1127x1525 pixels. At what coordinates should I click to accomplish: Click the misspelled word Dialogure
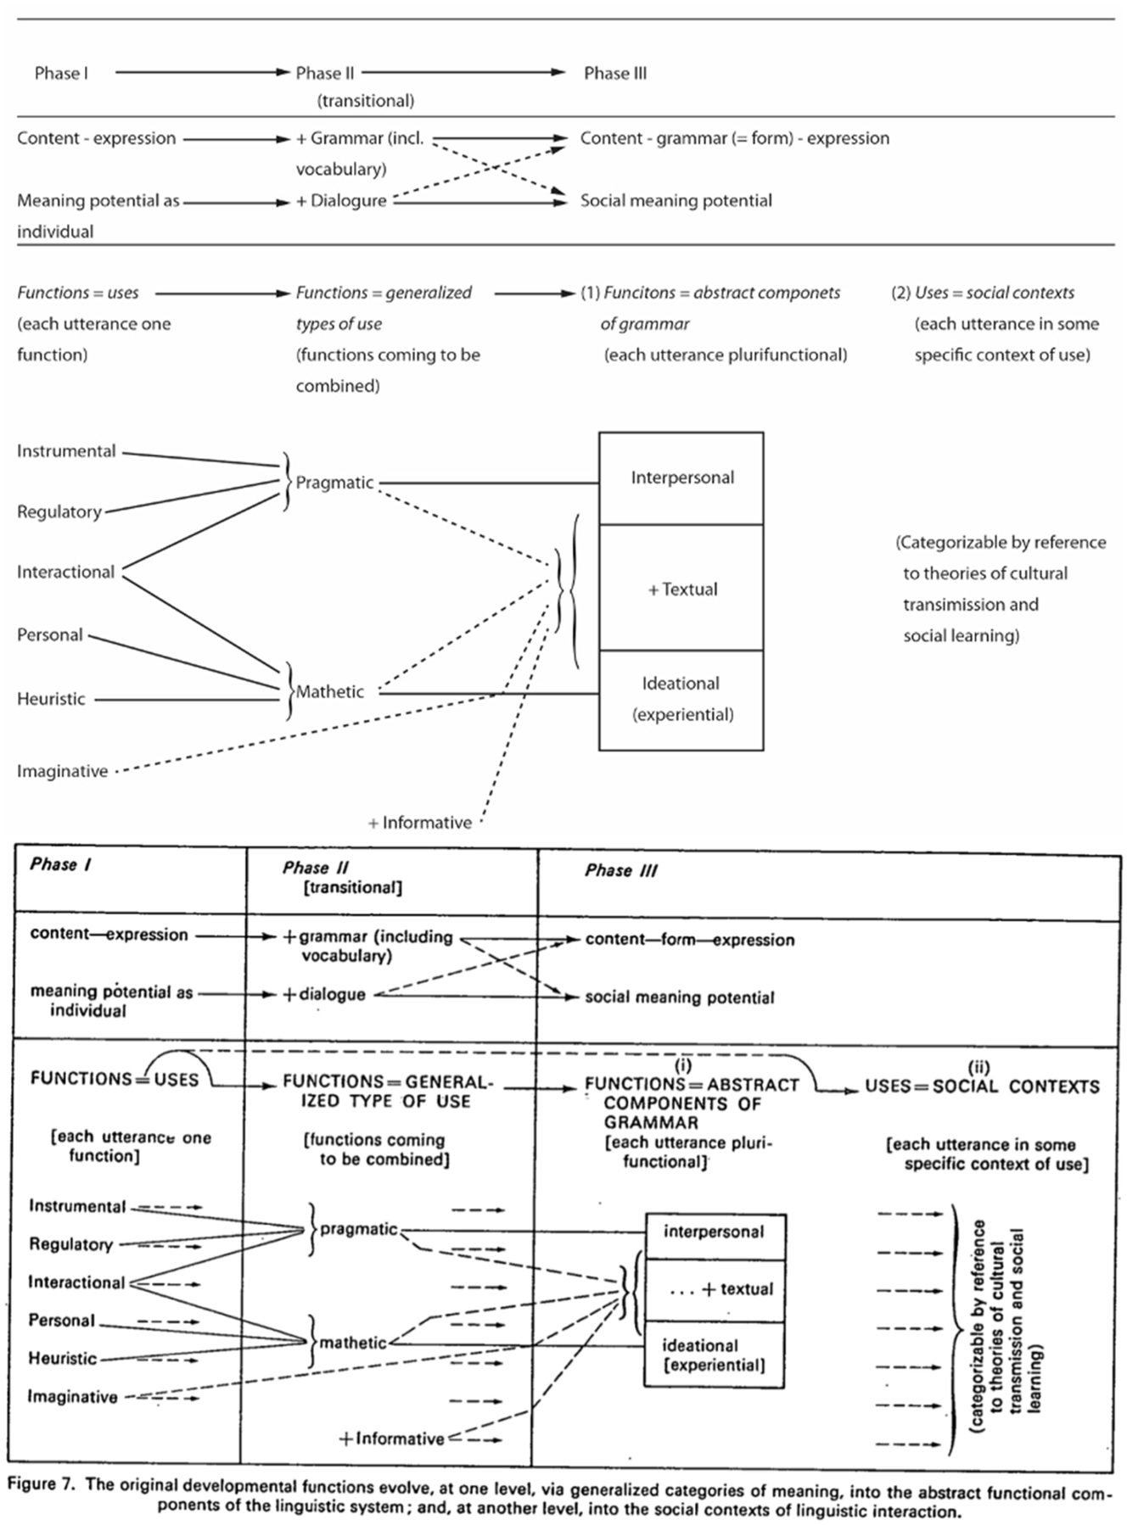[x=348, y=201]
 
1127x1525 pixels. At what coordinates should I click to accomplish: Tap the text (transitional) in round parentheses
[x=366, y=101]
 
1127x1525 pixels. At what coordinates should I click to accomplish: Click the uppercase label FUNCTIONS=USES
[x=114, y=1079]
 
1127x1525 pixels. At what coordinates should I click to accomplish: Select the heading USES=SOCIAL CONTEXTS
[x=982, y=1086]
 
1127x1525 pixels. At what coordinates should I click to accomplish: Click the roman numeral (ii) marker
[x=978, y=1068]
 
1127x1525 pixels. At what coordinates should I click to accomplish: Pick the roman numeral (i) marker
[x=682, y=1065]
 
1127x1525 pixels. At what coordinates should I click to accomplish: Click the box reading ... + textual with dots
[x=715, y=1289]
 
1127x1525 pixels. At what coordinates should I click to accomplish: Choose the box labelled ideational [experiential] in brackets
[x=714, y=1355]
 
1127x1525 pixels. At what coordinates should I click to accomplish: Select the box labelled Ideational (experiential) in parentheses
[x=681, y=699]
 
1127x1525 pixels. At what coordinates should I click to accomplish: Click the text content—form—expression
[x=689, y=940]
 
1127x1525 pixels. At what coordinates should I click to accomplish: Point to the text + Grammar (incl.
[x=359, y=138]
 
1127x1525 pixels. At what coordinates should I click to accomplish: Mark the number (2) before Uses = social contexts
[x=900, y=293]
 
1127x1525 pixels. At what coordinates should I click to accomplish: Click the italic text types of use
[x=339, y=324]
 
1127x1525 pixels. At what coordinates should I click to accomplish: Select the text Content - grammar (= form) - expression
[x=734, y=138]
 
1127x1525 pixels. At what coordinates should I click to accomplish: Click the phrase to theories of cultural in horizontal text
[x=984, y=573]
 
